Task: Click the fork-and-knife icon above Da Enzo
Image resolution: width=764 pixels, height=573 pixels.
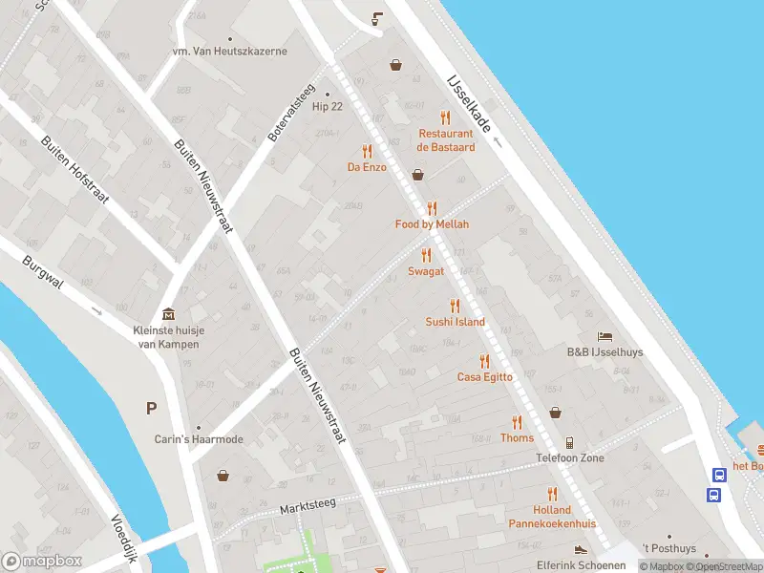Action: tap(367, 151)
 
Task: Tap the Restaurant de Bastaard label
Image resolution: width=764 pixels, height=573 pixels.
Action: tap(446, 140)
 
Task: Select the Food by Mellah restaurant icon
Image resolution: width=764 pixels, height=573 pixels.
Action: tap(432, 208)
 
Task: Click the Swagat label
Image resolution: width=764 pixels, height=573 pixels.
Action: tap(426, 271)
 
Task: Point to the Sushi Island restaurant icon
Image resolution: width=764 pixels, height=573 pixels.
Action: tap(455, 307)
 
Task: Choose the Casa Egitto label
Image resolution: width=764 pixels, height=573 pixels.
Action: tap(484, 376)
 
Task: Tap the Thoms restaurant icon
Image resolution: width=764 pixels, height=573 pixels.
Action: tap(517, 422)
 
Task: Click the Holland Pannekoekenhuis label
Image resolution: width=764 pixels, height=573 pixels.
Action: tap(552, 517)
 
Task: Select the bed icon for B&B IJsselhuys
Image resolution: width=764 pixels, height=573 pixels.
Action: tap(605, 336)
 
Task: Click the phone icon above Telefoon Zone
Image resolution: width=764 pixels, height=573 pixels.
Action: tap(569, 442)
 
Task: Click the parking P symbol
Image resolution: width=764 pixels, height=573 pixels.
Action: tap(151, 409)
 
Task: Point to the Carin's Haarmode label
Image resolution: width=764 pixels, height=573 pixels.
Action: tap(199, 439)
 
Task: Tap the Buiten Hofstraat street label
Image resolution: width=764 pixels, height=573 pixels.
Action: tap(75, 168)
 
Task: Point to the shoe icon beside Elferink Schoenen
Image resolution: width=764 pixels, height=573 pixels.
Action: tap(580, 550)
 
